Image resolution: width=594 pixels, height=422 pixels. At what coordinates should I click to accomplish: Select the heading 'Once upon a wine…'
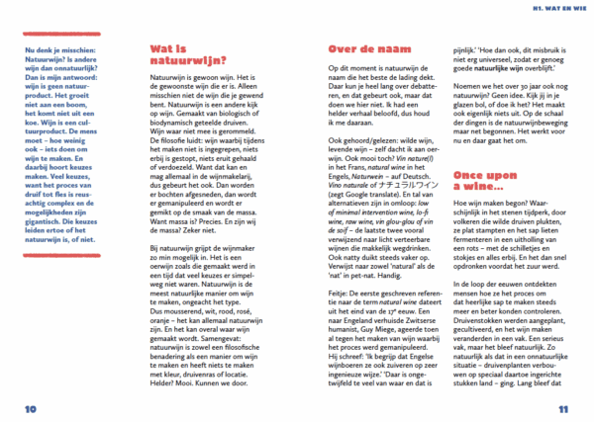tap(486, 181)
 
